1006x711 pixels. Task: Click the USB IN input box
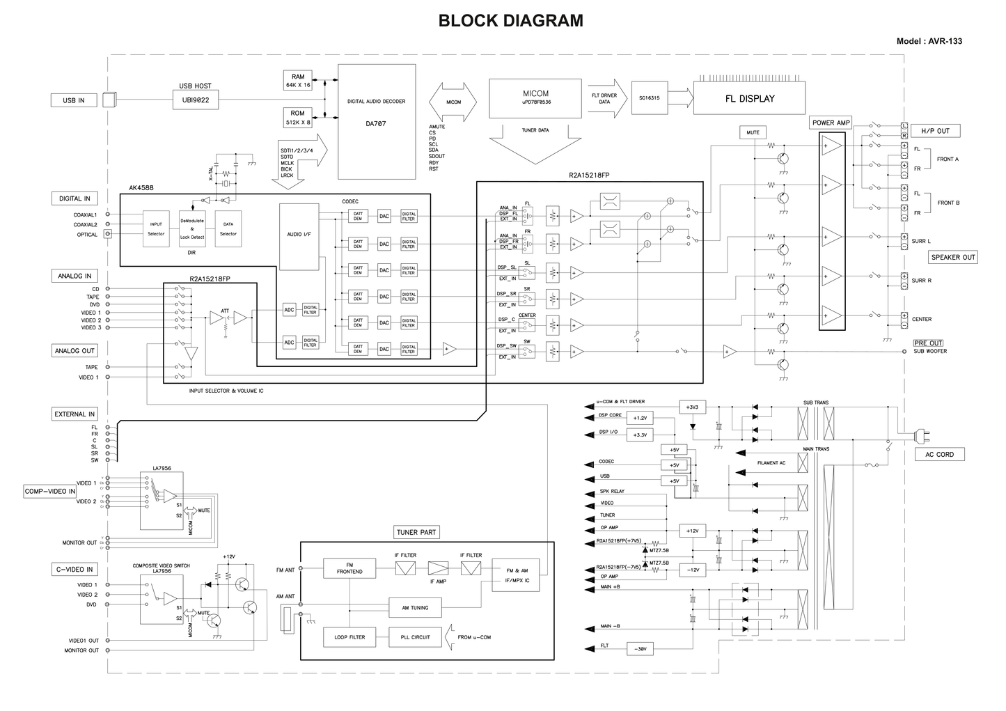click(x=73, y=100)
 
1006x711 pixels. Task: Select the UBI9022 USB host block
click(x=196, y=100)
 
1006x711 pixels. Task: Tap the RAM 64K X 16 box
click(x=298, y=81)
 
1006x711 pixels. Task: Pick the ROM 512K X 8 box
click(x=298, y=118)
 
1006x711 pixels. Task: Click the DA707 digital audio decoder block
click(x=376, y=122)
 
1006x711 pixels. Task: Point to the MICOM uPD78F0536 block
click(x=535, y=97)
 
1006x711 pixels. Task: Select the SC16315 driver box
click(x=649, y=98)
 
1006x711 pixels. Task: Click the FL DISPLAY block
click(x=749, y=99)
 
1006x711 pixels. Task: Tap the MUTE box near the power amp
click(x=753, y=132)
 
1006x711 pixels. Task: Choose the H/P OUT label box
click(x=935, y=131)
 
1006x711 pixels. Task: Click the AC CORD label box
click(x=939, y=454)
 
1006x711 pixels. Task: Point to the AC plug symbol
click(x=922, y=436)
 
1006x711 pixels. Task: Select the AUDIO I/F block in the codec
click(x=299, y=235)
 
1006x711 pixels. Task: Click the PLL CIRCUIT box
click(x=415, y=637)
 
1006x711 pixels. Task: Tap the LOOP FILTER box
click(x=349, y=637)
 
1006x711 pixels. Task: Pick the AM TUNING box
click(x=415, y=608)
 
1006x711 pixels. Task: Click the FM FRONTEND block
click(x=349, y=568)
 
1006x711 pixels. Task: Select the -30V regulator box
click(x=640, y=649)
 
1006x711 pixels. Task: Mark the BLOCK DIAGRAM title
click(x=510, y=21)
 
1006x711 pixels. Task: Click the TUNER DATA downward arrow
click(x=535, y=142)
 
